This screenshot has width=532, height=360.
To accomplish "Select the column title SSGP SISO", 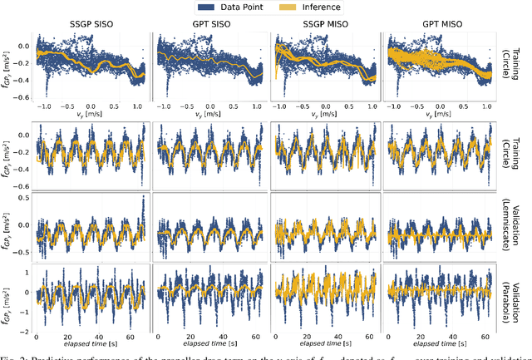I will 91,24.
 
